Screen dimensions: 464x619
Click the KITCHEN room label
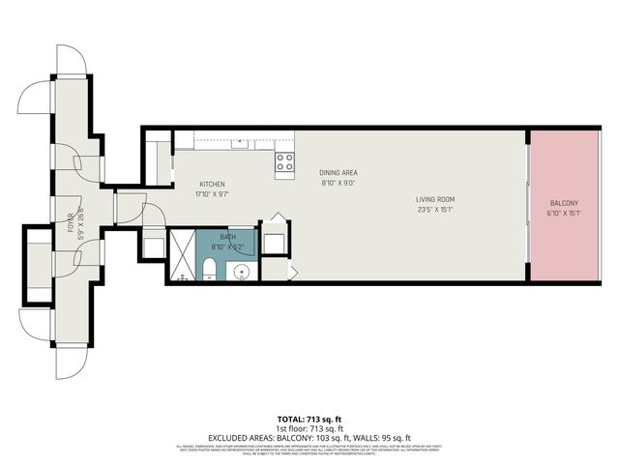click(213, 184)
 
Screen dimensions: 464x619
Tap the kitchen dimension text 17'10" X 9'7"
click(213, 193)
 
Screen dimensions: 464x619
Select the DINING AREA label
click(338, 172)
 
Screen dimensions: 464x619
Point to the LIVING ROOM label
click(435, 199)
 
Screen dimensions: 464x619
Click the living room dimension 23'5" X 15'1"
click(435, 209)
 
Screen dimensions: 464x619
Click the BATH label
click(227, 237)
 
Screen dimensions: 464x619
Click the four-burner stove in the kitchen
click(284, 162)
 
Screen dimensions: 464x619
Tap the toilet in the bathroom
click(210, 268)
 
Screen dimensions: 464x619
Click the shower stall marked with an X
click(182, 255)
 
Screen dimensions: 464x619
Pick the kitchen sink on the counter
click(239, 144)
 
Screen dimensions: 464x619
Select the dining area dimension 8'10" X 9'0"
click(338, 182)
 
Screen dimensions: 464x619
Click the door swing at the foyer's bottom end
click(71, 362)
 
